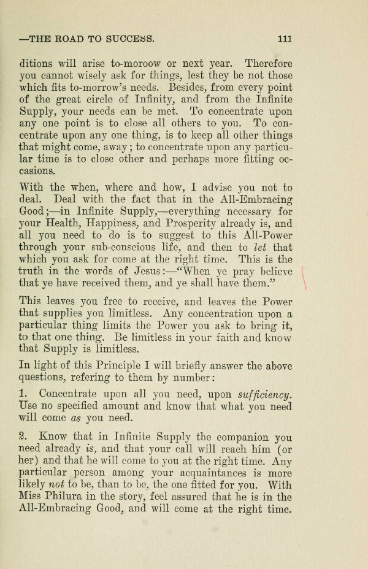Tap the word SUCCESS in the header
point(133,39)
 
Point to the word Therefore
point(268,63)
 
